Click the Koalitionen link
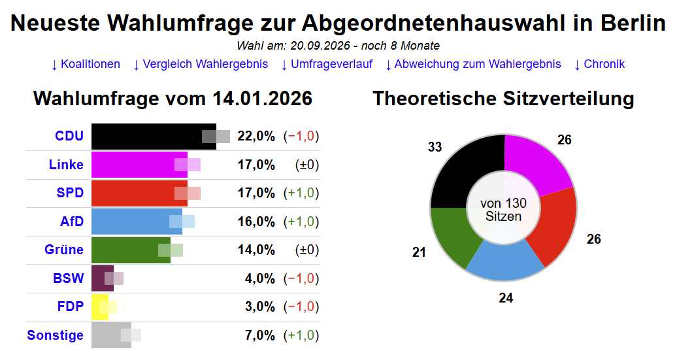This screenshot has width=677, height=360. coord(86,64)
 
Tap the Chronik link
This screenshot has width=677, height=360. coord(599,64)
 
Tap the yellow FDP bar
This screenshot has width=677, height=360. coord(99,307)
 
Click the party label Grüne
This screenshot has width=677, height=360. coord(64,250)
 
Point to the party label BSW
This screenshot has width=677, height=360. coord(69,278)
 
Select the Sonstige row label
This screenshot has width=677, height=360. coord(56,335)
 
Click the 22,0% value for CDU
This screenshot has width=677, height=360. coord(256,137)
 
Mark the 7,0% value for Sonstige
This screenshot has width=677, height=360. coord(259,335)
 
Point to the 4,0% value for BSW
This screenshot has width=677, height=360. coord(259,278)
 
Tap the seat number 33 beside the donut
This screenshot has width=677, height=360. coord(435,148)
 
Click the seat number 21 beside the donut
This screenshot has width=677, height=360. coord(419,252)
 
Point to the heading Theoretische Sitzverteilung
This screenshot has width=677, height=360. coord(503,99)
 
